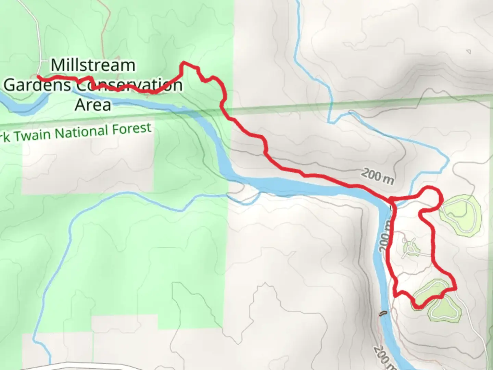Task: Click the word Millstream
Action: click(x=93, y=65)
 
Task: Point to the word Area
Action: click(x=93, y=105)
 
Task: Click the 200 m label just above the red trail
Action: click(x=377, y=176)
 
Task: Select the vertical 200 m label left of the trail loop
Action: click(x=384, y=236)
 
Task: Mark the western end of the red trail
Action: click(x=38, y=77)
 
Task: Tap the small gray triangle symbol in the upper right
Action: click(x=468, y=52)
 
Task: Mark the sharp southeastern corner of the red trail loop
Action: click(x=456, y=289)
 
